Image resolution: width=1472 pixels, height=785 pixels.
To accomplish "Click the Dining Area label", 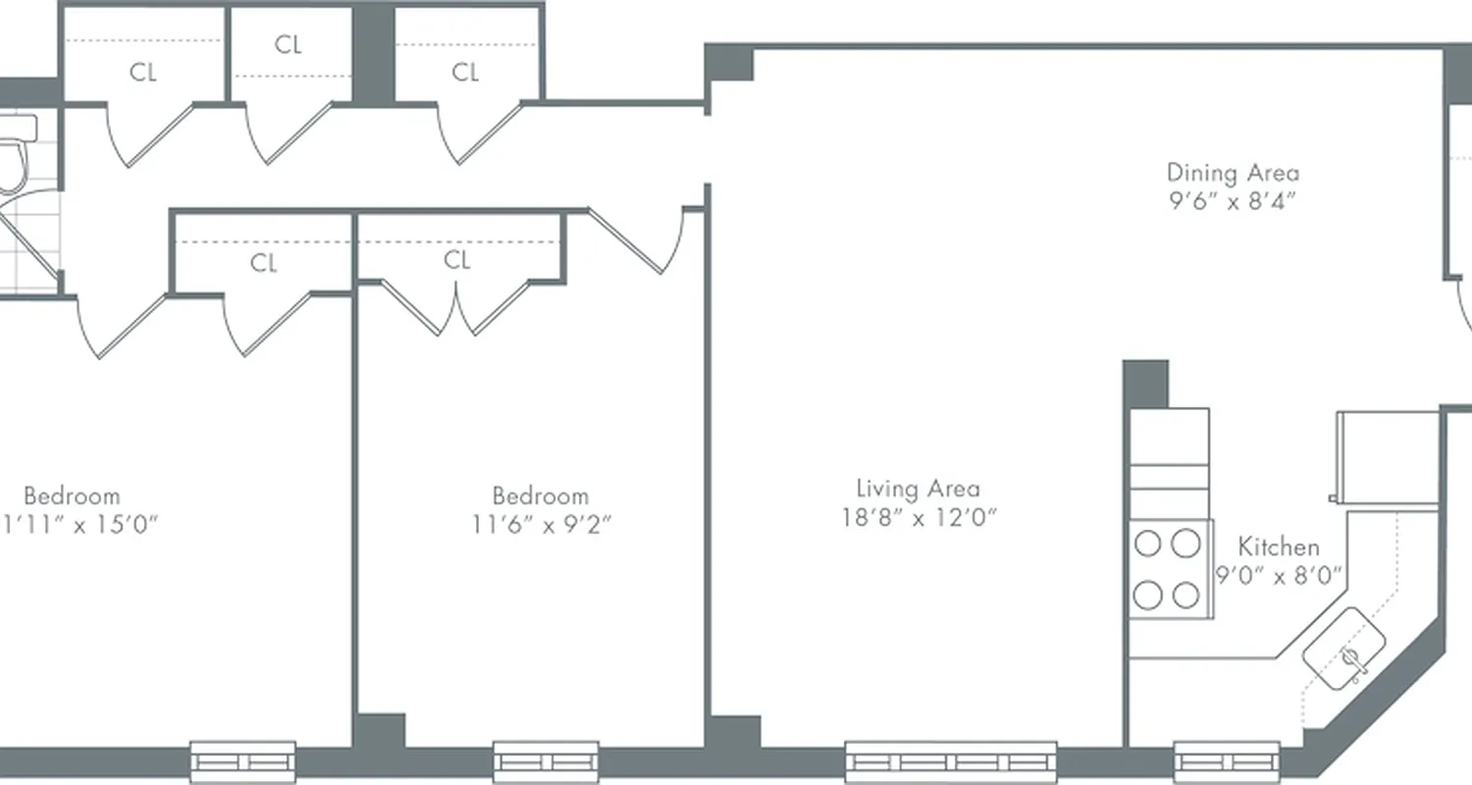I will coord(1233,174).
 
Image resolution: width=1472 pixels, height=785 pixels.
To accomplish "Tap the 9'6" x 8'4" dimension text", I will coord(1233,202).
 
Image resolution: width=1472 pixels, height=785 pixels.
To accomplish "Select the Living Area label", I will coord(918,488).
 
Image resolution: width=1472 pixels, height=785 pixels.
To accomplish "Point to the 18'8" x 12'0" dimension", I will coord(919,517).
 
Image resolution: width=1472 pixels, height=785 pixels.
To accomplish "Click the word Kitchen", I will coord(1278,547).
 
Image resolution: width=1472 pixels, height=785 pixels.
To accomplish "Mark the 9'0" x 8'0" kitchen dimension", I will coord(1279,576).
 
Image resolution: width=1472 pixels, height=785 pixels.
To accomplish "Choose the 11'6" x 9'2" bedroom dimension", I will coord(541,524).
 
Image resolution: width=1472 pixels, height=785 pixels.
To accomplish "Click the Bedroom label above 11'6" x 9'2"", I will coord(541,496).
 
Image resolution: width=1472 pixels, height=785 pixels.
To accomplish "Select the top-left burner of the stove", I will coord(1146,543).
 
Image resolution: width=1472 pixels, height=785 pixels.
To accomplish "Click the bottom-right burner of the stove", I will coord(1186,595).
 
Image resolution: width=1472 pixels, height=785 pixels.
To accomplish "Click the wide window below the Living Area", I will coord(951,761).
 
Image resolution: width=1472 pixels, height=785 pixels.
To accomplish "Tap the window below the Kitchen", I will coord(1227,761).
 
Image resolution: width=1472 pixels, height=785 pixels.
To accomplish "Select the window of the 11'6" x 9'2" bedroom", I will coord(546,761).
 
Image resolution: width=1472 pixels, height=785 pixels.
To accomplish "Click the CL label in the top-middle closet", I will coord(289,45).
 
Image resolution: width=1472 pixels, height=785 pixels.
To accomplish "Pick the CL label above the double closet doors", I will coord(457,260).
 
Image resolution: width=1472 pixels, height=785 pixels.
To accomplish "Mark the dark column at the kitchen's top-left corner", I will coord(1145,384).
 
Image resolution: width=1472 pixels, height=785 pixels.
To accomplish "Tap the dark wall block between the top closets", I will coord(373,51).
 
